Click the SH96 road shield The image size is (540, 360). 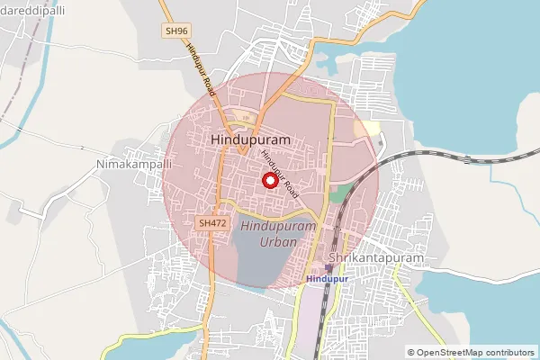pyautogui.click(x=176, y=31)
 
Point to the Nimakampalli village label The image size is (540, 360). pyautogui.click(x=129, y=166)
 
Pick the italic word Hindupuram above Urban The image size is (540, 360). pyautogui.click(x=278, y=227)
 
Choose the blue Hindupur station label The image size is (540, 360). pyautogui.click(x=326, y=279)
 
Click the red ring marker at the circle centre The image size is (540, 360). pyautogui.click(x=269, y=180)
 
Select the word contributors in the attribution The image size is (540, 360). pyautogui.click(x=510, y=353)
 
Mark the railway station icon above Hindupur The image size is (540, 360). pyautogui.click(x=328, y=268)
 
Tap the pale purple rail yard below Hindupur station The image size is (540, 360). pyautogui.click(x=310, y=315)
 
